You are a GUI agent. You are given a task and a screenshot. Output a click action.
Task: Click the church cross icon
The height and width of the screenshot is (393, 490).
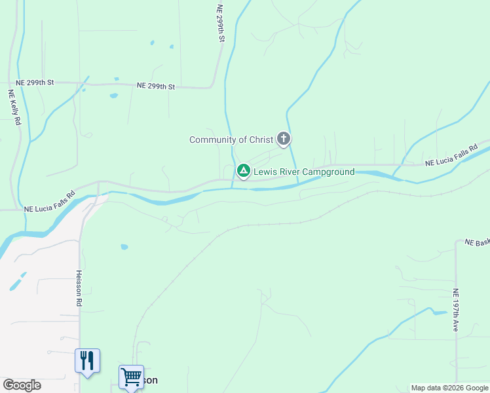click(283, 138)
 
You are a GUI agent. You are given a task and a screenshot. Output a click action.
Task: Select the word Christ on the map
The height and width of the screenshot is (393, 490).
click(261, 140)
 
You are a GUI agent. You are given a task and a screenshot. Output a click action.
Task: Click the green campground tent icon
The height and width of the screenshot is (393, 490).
click(243, 171)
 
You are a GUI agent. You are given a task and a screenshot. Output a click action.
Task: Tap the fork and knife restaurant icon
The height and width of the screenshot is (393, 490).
click(86, 360)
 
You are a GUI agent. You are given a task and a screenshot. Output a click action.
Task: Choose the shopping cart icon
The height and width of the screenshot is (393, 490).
click(131, 377)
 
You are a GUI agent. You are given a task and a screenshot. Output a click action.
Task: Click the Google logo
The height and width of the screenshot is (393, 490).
click(22, 385)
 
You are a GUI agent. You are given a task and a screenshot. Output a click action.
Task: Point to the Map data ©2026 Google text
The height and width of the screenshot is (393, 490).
click(449, 388)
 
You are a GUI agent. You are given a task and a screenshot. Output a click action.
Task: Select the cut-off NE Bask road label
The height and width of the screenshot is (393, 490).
click(477, 242)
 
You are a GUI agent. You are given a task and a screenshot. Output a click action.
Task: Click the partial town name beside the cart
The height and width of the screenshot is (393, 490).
click(151, 380)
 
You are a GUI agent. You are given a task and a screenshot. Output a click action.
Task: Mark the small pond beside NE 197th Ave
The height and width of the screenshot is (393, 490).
click(438, 312)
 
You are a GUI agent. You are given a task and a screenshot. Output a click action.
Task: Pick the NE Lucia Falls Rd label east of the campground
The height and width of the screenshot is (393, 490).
click(451, 157)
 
